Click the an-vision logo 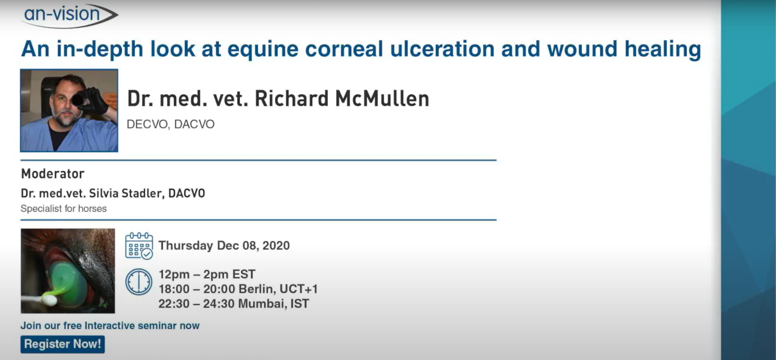coord(70,16)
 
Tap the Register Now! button coord(63,344)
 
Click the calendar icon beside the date coord(139,246)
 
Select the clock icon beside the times coord(139,282)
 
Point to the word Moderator coord(53,174)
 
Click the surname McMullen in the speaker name coord(382,99)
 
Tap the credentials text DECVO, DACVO coord(171,124)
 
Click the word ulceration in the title coord(442,49)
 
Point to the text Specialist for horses coord(64,209)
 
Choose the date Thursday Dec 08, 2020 coord(224,246)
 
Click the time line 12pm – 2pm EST coord(207,274)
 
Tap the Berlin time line coord(238,289)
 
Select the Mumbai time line coord(234,304)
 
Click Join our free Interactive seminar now coord(110,326)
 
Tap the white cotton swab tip coord(48,301)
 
